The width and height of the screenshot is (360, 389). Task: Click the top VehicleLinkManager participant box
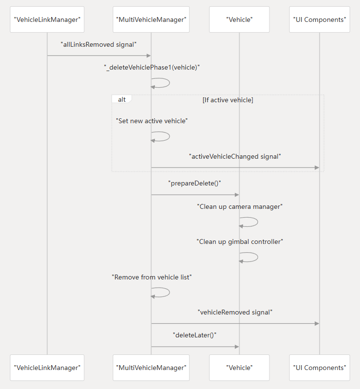click(47, 19)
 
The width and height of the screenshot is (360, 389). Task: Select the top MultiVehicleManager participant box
click(151, 19)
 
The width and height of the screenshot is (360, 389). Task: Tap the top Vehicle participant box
click(239, 19)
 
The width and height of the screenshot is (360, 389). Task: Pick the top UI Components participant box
click(320, 19)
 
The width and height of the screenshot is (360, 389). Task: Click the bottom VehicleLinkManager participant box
click(47, 368)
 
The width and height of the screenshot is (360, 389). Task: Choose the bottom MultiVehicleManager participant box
click(151, 368)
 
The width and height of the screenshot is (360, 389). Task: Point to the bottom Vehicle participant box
click(239, 368)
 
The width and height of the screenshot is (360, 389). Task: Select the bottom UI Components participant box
click(320, 368)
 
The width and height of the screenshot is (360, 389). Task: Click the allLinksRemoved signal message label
click(98, 44)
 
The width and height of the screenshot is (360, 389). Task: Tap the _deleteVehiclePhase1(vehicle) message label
click(152, 68)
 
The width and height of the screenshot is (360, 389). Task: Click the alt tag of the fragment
click(122, 99)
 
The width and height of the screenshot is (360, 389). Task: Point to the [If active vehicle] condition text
click(227, 100)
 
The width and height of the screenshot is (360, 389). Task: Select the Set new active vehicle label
click(152, 120)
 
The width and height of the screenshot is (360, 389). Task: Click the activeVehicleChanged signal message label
click(235, 156)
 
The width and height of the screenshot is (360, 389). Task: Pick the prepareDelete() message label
click(195, 184)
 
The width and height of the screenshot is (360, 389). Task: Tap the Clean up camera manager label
click(240, 206)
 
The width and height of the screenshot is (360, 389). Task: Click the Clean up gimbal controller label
click(240, 241)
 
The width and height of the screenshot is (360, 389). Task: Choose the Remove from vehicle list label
click(152, 277)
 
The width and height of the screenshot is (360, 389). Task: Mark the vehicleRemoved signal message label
click(235, 312)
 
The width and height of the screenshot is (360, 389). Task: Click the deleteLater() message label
click(195, 335)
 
